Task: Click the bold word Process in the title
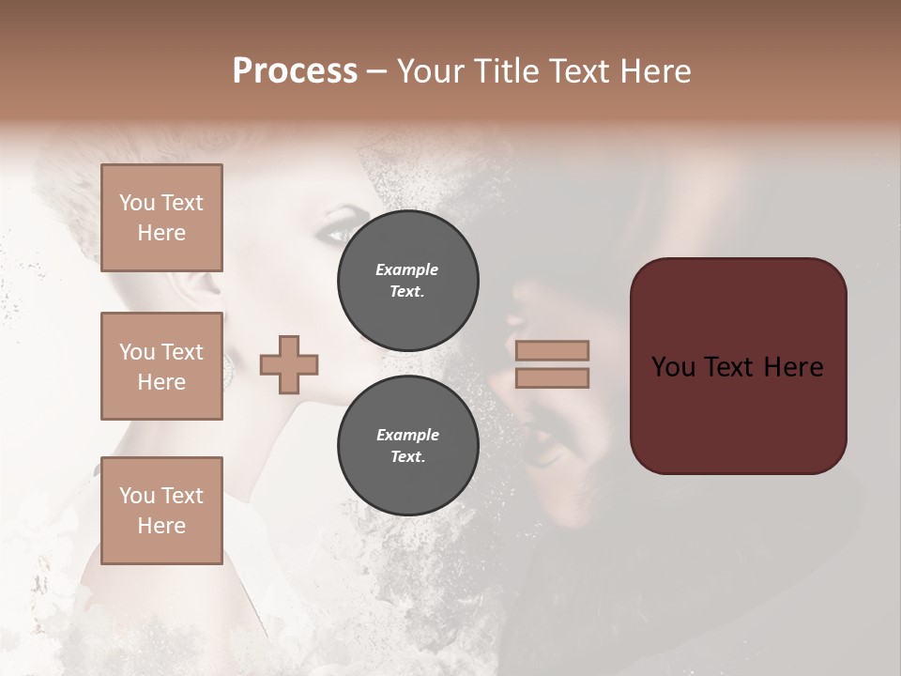pyautogui.click(x=295, y=71)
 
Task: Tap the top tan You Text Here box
pyautogui.click(x=161, y=218)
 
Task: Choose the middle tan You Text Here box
pyautogui.click(x=161, y=366)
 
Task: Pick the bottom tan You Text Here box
pyautogui.click(x=161, y=510)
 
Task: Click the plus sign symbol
pyautogui.click(x=289, y=364)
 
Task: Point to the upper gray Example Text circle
pyautogui.click(x=407, y=281)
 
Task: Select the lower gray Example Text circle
pyautogui.click(x=407, y=446)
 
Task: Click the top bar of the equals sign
pyautogui.click(x=552, y=350)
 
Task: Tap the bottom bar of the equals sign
pyautogui.click(x=552, y=377)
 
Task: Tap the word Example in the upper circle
pyautogui.click(x=407, y=269)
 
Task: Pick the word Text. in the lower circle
pyautogui.click(x=407, y=457)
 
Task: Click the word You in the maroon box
pyautogui.click(x=674, y=367)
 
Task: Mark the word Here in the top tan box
pyautogui.click(x=161, y=233)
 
